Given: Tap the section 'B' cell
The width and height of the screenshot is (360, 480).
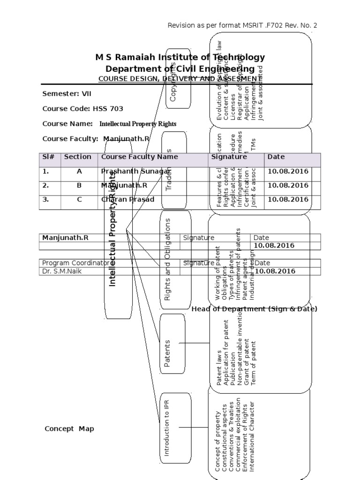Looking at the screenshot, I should pyautogui.click(x=79, y=185).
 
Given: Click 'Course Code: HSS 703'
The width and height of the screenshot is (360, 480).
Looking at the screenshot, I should pyautogui.click(x=83, y=109).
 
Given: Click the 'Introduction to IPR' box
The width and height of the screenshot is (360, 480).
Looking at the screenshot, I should pyautogui.click(x=166, y=427).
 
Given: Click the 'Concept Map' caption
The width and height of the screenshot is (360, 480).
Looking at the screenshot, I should pyautogui.click(x=69, y=428).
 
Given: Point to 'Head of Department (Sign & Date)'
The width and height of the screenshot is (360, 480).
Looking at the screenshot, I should pyautogui.click(x=254, y=309).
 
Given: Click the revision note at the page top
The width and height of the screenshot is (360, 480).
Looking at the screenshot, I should pyautogui.click(x=242, y=25).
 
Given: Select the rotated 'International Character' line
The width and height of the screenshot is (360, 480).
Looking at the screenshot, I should pyautogui.click(x=252, y=436).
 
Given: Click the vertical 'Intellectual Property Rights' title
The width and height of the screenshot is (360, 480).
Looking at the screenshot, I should pyautogui.click(x=112, y=230).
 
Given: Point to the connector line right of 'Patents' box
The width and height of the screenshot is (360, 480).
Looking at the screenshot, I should pyautogui.click(x=194, y=343).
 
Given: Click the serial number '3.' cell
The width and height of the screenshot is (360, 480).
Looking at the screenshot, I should pyautogui.click(x=46, y=199).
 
